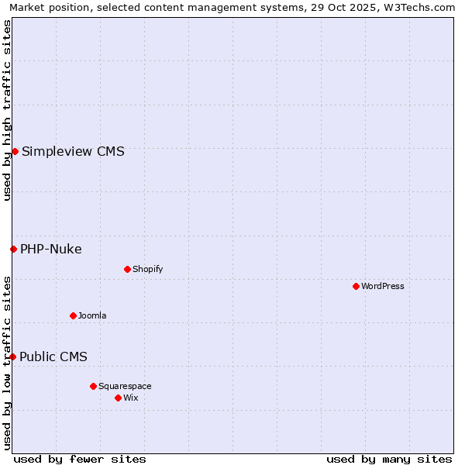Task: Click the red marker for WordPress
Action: tap(356, 286)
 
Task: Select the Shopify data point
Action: tap(127, 269)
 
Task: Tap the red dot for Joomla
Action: tap(73, 315)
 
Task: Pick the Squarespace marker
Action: tap(93, 386)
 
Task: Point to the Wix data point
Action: tap(118, 398)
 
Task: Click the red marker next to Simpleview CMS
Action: tap(15, 151)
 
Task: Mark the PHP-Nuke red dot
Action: tap(13, 249)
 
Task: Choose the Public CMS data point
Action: tap(12, 356)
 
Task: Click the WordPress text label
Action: tap(382, 286)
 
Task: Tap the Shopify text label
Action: tap(147, 269)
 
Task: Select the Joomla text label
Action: tap(92, 315)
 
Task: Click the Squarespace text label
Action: tap(125, 386)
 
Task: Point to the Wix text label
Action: tap(130, 398)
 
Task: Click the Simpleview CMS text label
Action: tap(73, 151)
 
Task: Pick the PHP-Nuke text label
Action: tap(51, 249)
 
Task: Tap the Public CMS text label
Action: tap(53, 356)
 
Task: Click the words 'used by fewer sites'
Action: tap(80, 459)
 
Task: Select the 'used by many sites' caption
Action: tap(389, 459)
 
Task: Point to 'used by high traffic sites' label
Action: tap(7, 110)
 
